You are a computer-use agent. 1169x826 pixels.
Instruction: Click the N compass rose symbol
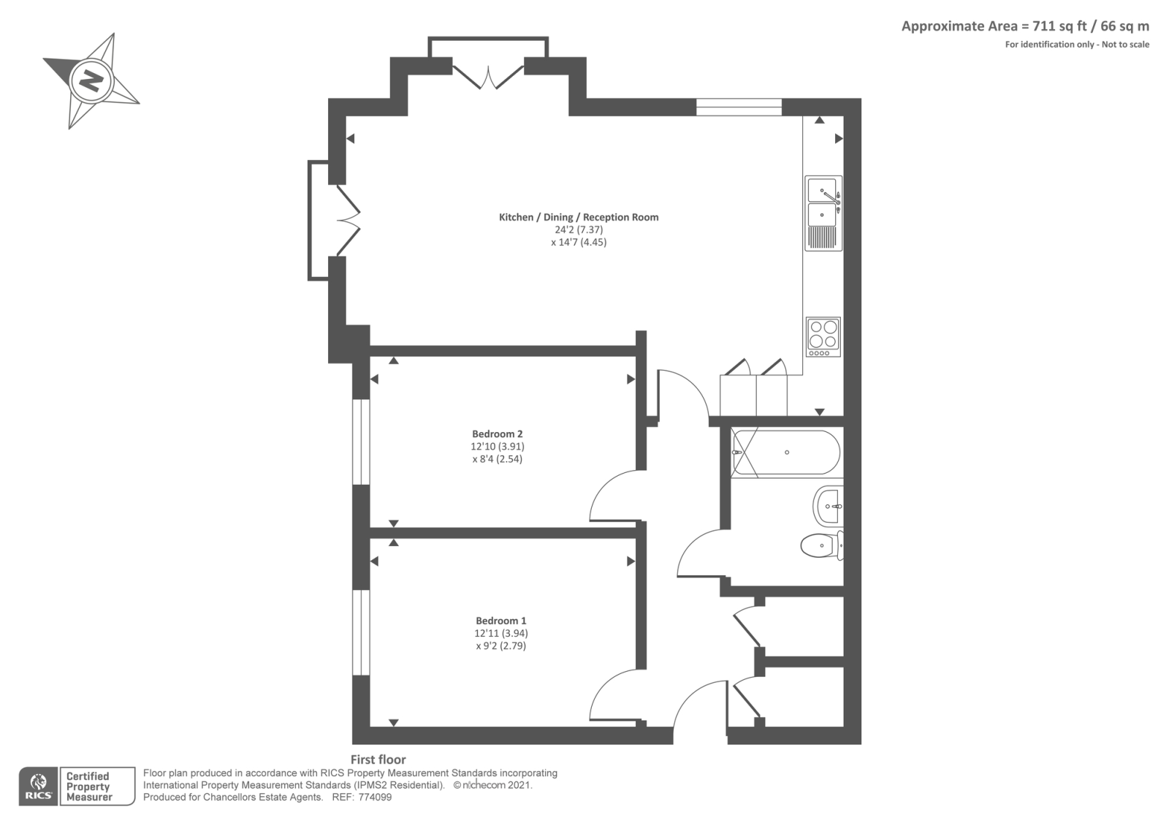point(91,81)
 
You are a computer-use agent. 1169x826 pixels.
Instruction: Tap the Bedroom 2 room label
point(497,434)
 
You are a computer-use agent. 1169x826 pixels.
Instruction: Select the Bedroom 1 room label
point(501,621)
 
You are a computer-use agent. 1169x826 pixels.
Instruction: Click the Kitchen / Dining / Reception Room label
point(579,217)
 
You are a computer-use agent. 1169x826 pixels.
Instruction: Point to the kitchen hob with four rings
point(823,337)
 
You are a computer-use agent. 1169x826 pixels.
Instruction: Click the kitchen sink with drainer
point(823,213)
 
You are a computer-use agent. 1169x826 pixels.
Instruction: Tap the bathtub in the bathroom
point(786,452)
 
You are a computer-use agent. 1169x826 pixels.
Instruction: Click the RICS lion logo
point(38,786)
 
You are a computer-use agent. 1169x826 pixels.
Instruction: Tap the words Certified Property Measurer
point(89,787)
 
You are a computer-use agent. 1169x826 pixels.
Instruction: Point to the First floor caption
point(378,759)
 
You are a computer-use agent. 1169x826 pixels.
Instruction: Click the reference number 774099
point(375,797)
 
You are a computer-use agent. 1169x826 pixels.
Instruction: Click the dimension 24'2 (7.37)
point(579,230)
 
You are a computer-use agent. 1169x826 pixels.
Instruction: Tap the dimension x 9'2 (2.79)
point(501,646)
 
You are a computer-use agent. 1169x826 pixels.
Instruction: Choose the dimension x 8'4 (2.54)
point(498,459)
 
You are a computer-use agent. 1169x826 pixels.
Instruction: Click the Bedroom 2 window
point(361,442)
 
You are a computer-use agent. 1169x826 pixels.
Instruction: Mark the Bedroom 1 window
point(361,633)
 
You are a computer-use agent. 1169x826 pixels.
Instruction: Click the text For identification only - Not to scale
point(1077,45)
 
